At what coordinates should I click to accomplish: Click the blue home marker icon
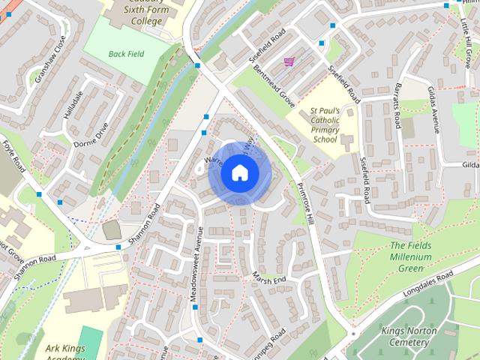point(238,173)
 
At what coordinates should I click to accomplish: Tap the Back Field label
point(127,54)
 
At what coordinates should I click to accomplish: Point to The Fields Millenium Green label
point(410,257)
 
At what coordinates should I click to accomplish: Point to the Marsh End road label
point(269,278)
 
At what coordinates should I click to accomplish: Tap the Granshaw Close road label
point(48,58)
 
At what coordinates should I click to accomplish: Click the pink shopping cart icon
point(289,61)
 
